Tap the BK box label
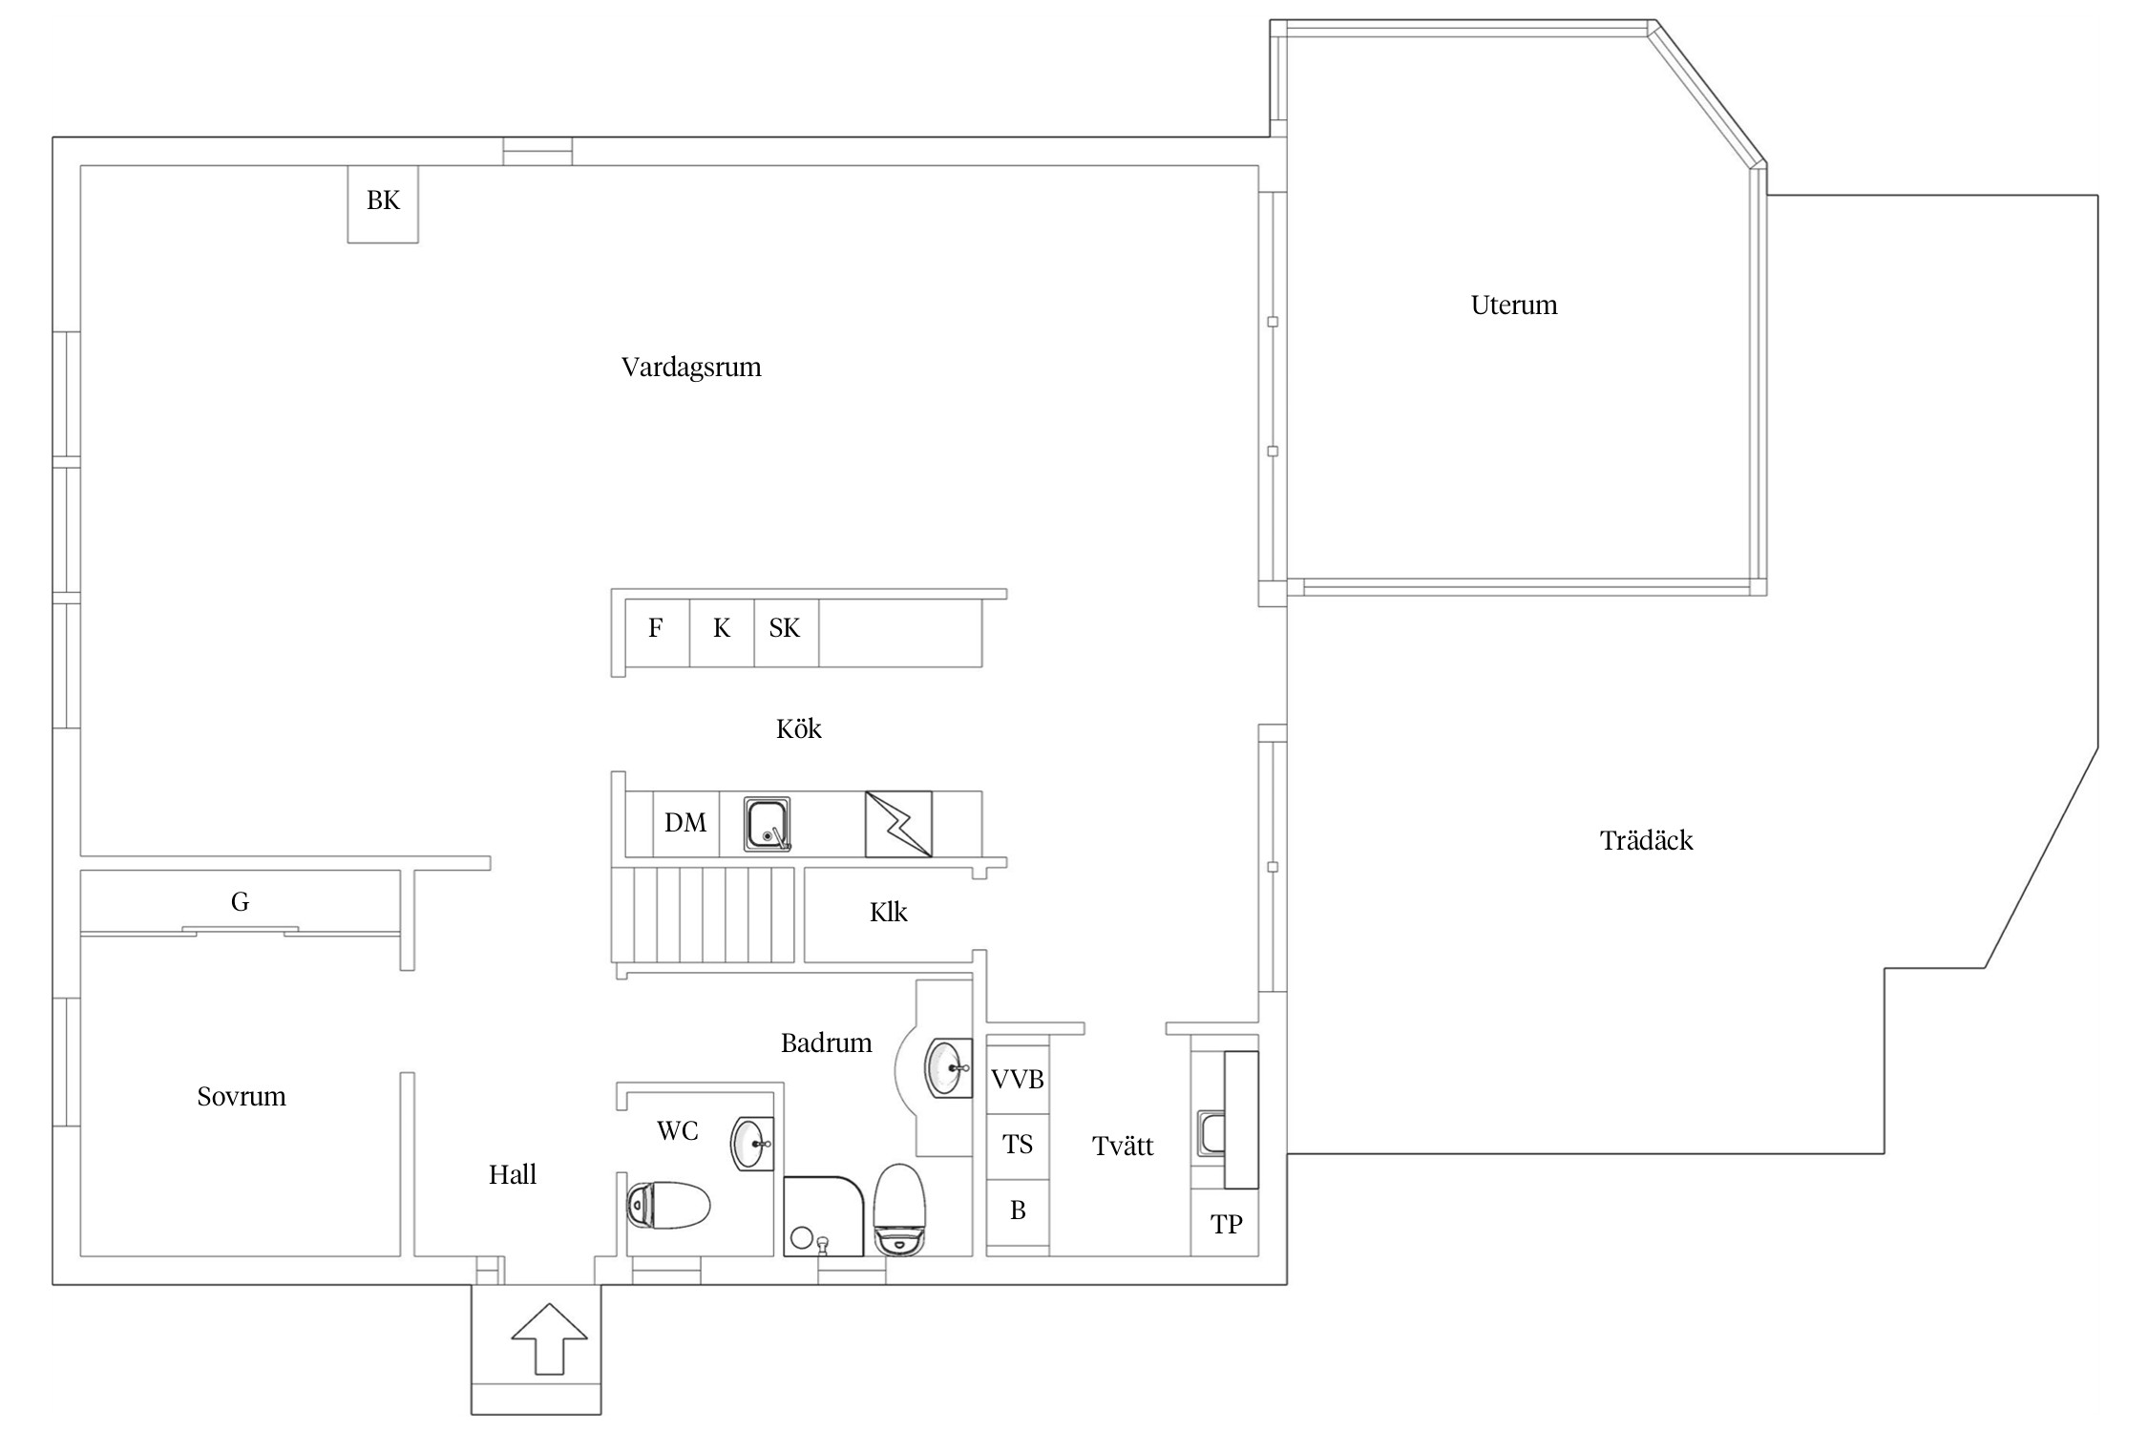click(x=383, y=200)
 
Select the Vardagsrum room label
click(x=691, y=369)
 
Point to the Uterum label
click(x=1514, y=305)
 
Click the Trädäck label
click(x=1647, y=840)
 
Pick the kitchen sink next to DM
click(x=768, y=824)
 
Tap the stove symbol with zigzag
click(x=898, y=824)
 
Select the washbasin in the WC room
click(x=752, y=1143)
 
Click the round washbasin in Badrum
click(x=949, y=1068)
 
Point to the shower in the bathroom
click(x=824, y=1216)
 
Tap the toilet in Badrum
click(x=899, y=1210)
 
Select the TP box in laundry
click(x=1225, y=1223)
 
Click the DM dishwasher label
click(x=685, y=823)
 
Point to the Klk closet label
click(x=888, y=913)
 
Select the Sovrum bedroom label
click(x=242, y=1096)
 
